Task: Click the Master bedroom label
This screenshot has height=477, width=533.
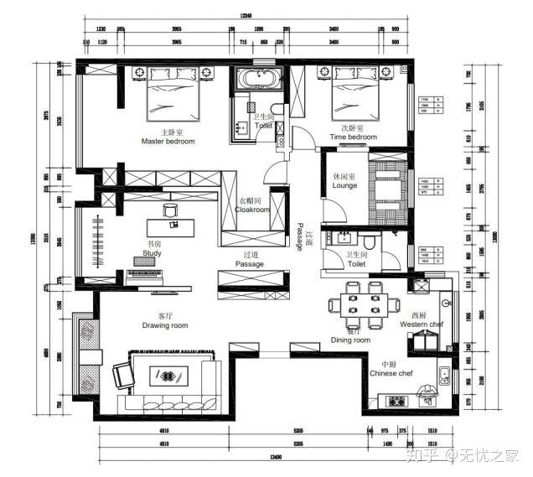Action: point(168,142)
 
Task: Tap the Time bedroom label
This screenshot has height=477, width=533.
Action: point(353,137)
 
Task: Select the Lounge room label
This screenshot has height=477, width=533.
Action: point(344,185)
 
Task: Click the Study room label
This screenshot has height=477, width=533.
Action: point(152,252)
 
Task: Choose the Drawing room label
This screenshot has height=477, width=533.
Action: point(164,324)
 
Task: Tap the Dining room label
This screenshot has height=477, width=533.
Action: point(350,340)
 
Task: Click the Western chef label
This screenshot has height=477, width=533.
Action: point(421,324)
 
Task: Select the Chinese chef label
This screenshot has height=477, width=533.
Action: point(391,373)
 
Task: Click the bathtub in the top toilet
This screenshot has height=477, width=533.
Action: point(258,80)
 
